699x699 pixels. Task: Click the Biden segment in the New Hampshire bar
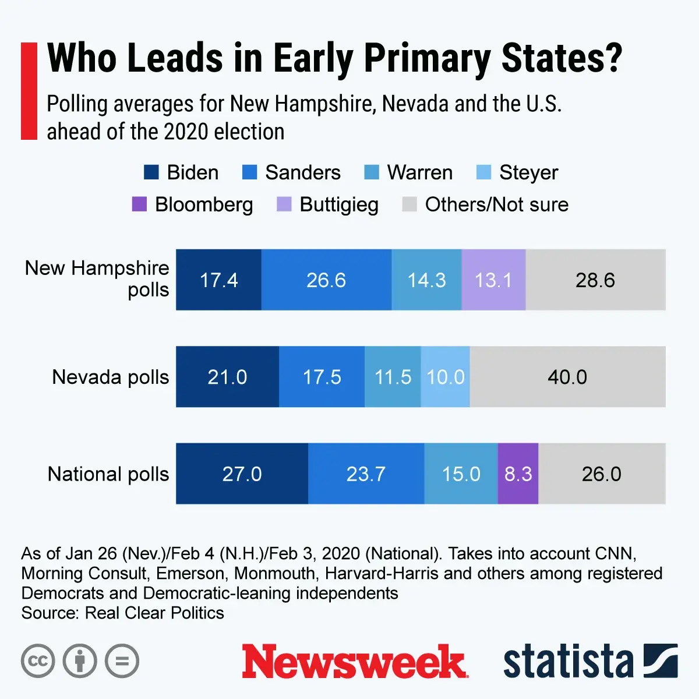[x=218, y=280]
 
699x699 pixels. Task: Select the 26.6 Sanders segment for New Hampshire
[x=326, y=280]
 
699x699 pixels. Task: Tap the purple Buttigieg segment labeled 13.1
[x=493, y=280]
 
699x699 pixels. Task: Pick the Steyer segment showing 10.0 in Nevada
[x=446, y=377]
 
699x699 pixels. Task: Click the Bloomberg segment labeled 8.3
[x=518, y=474]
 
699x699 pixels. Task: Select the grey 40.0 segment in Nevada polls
[x=567, y=377]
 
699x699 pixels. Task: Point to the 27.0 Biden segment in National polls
[x=242, y=474]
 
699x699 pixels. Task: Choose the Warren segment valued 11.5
[x=393, y=377]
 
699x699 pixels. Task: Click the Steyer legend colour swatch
[x=483, y=172]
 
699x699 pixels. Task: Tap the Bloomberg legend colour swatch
[x=139, y=204]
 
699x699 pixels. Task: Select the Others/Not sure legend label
[x=496, y=204]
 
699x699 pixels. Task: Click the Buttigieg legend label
[x=339, y=204]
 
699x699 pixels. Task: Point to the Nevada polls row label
[x=110, y=377]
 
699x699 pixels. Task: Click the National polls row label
[x=108, y=474]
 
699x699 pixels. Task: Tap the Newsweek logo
[x=354, y=662]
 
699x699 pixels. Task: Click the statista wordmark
[x=568, y=662]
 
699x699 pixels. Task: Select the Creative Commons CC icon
[x=38, y=661]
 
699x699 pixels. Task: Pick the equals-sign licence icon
[x=122, y=661]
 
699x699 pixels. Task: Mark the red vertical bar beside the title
[x=29, y=91]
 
